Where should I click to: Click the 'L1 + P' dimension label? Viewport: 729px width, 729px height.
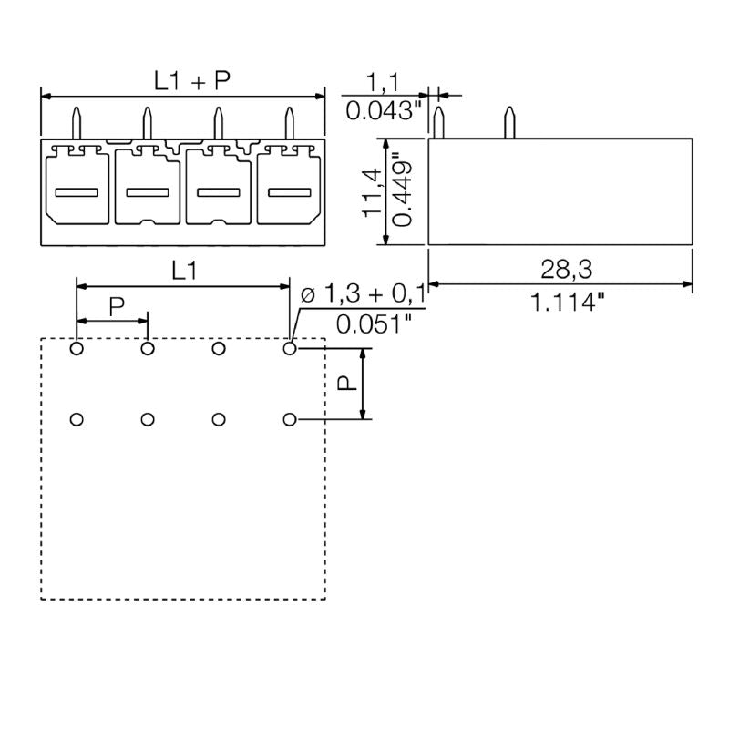(191, 81)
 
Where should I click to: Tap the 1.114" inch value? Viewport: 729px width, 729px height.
(568, 303)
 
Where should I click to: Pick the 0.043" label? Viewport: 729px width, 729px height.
(385, 112)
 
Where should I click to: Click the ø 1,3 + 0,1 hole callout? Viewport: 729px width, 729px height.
(363, 294)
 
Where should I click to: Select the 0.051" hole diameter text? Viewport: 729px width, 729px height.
(374, 323)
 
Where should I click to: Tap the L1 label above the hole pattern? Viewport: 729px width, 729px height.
(184, 271)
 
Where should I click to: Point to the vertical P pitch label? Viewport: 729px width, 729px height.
(347, 384)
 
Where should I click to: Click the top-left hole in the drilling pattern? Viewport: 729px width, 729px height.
(77, 348)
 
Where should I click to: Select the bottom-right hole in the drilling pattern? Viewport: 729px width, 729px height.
(290, 419)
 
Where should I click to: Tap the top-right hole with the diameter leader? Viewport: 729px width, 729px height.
(290, 348)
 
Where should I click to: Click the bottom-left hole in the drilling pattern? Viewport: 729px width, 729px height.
(77, 419)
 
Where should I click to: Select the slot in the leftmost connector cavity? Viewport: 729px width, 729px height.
(77, 192)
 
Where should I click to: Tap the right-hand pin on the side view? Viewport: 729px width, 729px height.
(508, 123)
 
